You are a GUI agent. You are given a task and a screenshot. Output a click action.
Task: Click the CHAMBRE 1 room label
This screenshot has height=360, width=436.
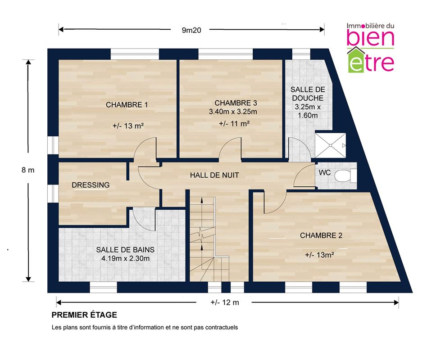coord(127,105)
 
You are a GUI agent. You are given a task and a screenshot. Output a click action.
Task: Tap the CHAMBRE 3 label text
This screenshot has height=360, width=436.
coord(236,103)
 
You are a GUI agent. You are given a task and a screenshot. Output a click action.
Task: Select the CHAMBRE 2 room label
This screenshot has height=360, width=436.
coord(321,235)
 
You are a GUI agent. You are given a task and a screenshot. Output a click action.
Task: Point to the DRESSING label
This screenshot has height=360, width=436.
coord(91,185)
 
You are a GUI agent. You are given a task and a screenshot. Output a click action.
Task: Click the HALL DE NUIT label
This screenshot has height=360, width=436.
coord(214,175)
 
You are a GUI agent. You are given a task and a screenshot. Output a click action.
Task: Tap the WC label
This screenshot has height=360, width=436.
coord(325,172)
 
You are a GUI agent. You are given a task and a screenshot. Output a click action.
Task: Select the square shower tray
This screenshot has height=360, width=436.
coord(330,145)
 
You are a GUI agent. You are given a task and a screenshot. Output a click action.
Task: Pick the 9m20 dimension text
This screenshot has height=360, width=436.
coord(191,30)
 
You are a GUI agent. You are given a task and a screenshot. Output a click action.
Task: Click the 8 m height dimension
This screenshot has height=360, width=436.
coord(28,170)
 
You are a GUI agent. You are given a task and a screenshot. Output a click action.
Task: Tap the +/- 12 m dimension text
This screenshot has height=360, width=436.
coord(225,302)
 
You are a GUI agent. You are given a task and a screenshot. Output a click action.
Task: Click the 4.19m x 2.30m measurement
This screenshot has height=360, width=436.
coord(125,259)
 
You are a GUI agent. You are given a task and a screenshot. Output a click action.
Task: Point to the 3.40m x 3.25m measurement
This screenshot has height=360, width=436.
coord(233,112)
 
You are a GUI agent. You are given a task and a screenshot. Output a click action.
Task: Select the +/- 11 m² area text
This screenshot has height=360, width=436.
coord(234,124)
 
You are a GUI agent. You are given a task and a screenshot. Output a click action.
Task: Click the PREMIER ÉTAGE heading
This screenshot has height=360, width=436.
coord(84,315)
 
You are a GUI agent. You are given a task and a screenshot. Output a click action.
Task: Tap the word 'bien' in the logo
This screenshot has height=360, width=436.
coord(370,38)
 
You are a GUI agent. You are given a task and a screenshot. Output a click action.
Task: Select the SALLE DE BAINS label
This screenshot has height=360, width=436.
coord(125,250)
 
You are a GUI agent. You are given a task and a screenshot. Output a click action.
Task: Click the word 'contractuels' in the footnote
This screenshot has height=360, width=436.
coord(222,328)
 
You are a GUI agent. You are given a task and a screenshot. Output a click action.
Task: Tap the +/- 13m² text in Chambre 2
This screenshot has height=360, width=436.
coord(319,255)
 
